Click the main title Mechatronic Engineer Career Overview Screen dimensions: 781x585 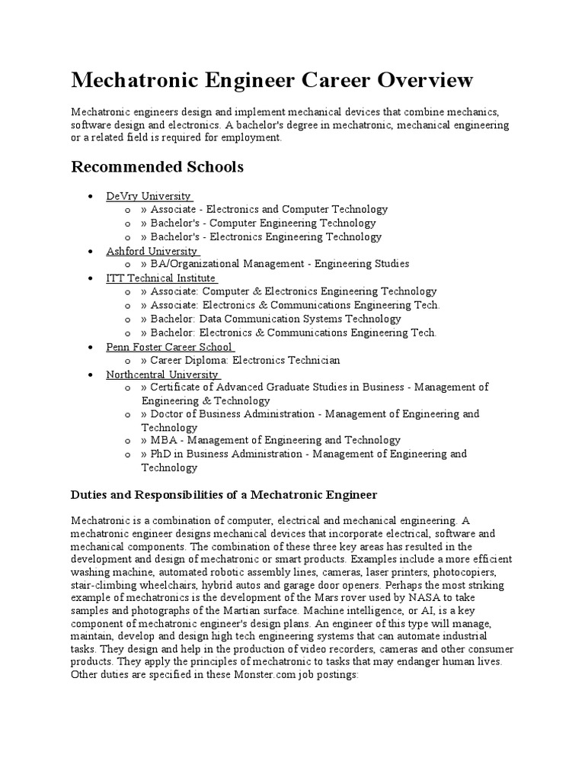(272, 79)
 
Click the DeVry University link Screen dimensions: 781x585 (148, 196)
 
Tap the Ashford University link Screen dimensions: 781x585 (152, 251)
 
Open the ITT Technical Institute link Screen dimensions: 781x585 (161, 278)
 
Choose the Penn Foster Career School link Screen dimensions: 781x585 (169, 347)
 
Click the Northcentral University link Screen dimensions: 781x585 (162, 374)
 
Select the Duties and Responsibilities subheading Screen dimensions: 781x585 (224, 495)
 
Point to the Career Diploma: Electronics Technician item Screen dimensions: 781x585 (240, 360)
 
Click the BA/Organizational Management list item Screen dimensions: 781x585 (274, 264)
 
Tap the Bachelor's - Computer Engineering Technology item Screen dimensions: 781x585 (258, 223)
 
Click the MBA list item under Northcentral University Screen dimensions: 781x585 (270, 440)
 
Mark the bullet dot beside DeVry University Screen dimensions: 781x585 (91, 197)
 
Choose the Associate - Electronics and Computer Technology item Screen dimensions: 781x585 (264, 209)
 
